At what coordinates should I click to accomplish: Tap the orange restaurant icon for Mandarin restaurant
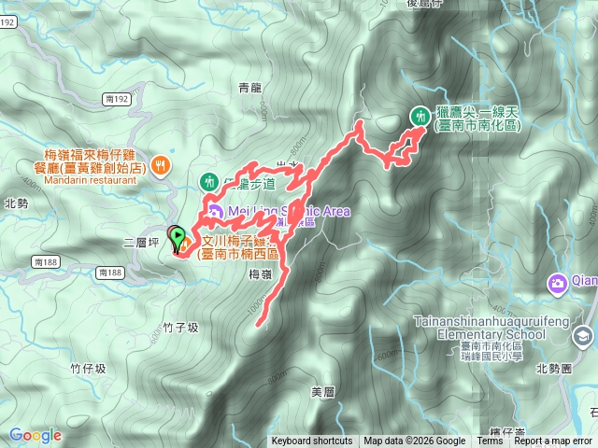click(x=162, y=163)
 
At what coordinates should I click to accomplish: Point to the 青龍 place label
click(x=249, y=89)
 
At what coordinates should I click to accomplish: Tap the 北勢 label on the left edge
click(x=16, y=203)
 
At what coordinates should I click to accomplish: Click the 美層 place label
click(x=322, y=390)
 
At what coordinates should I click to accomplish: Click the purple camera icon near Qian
click(x=558, y=282)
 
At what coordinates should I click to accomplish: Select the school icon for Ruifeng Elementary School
click(x=584, y=336)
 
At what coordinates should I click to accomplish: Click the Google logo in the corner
click(x=36, y=435)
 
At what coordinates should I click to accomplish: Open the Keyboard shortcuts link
click(x=312, y=441)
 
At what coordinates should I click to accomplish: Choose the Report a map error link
click(x=553, y=441)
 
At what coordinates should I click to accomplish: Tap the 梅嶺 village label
click(x=261, y=274)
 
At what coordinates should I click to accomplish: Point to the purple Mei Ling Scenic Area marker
click(x=216, y=212)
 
